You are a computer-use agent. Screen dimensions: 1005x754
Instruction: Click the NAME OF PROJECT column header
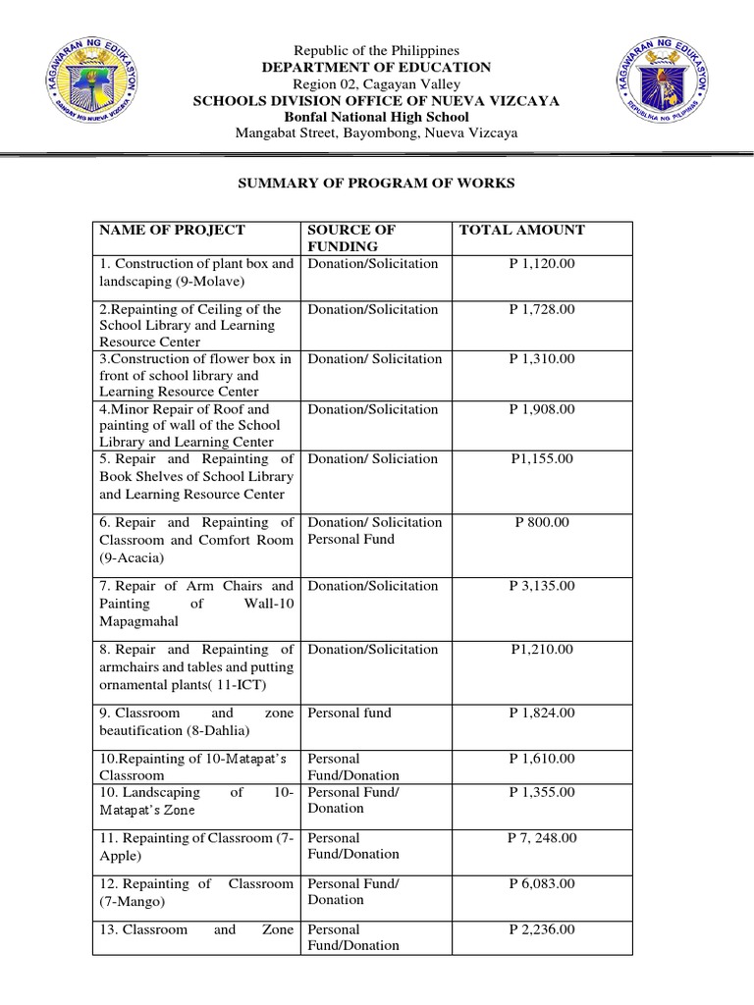pyautogui.click(x=171, y=230)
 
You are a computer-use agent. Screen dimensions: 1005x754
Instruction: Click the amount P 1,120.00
pyautogui.click(x=542, y=264)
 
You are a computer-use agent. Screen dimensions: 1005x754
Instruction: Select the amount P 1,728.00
pyautogui.click(x=542, y=309)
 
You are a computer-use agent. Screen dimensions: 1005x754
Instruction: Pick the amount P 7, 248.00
pyautogui.click(x=542, y=838)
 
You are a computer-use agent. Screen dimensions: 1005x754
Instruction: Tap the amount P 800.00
pyautogui.click(x=542, y=522)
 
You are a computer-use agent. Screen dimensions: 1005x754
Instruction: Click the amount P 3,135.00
pyautogui.click(x=542, y=586)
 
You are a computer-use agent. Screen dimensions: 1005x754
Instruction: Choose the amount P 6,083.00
pyautogui.click(x=542, y=883)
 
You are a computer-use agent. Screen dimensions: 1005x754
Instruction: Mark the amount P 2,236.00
pyautogui.click(x=542, y=929)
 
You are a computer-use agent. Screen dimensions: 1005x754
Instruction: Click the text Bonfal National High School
pyautogui.click(x=376, y=117)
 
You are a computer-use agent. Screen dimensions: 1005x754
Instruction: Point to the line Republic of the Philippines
pyautogui.click(x=376, y=50)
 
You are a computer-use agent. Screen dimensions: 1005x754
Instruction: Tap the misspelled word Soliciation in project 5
pyautogui.click(x=404, y=458)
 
